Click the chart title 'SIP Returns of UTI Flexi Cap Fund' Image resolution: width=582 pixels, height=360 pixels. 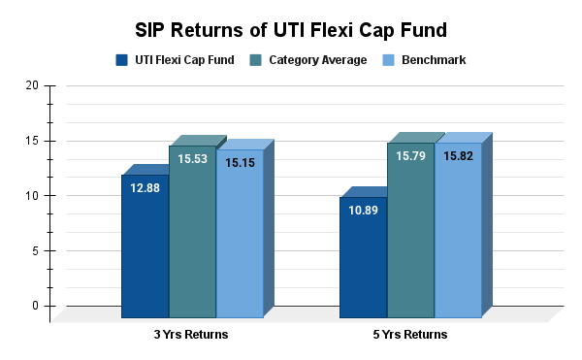pyautogui.click(x=290, y=26)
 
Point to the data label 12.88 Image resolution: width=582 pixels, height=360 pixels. pyautogui.click(x=145, y=188)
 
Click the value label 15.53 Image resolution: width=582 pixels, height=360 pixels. pyautogui.click(x=192, y=159)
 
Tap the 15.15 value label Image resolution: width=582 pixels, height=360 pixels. pyautogui.click(x=240, y=163)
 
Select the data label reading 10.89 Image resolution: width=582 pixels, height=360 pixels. pyautogui.click(x=363, y=211)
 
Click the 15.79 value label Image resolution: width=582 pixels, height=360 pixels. pyautogui.click(x=410, y=156)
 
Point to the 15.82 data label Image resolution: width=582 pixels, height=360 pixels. pyautogui.click(x=458, y=156)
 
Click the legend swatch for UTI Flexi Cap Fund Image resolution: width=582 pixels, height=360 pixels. pyautogui.click(x=121, y=60)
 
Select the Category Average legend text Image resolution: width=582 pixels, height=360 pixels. pyautogui.click(x=318, y=60)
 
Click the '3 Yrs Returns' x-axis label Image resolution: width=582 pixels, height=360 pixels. pyautogui.click(x=192, y=335)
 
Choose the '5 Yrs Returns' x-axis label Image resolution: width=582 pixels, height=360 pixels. pyautogui.click(x=410, y=335)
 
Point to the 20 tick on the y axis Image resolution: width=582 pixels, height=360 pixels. pyautogui.click(x=32, y=85)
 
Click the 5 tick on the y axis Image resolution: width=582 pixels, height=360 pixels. pyautogui.click(x=35, y=250)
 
